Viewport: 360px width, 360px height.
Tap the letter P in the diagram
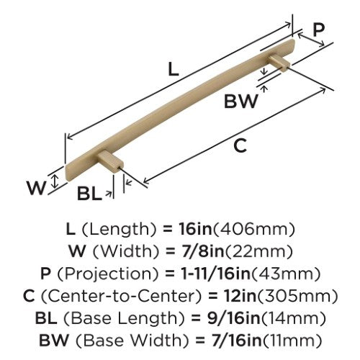tap(318, 30)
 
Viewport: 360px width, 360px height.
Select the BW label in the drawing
tap(241, 101)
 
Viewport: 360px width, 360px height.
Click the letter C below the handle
tap(240, 145)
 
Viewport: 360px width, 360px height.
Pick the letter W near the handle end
tap(36, 188)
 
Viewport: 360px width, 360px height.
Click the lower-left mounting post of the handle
tap(111, 160)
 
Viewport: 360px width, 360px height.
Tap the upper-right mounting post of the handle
tap(279, 62)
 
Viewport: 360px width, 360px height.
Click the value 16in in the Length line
tap(196, 229)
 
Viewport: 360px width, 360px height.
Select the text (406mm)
tap(254, 230)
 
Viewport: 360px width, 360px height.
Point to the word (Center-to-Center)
tap(121, 296)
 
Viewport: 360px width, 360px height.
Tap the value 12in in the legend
tap(240, 296)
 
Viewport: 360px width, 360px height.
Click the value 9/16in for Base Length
tap(234, 318)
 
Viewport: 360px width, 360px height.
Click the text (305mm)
tap(297, 297)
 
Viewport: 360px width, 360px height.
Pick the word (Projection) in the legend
tap(108, 274)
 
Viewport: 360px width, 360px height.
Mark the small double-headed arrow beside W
tap(55, 181)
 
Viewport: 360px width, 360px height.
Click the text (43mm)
tap(286, 274)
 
